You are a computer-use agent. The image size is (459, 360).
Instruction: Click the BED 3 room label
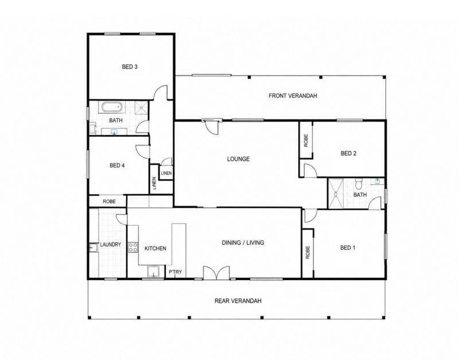[x=130, y=67]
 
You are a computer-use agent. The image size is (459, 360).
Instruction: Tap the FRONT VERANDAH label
[x=293, y=96]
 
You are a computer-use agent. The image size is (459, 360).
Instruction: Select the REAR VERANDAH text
[x=238, y=301]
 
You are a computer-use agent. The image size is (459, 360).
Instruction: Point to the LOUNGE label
[x=238, y=159]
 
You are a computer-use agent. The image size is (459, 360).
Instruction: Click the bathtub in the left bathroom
[x=112, y=107]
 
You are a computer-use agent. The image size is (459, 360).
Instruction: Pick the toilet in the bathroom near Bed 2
[x=359, y=184]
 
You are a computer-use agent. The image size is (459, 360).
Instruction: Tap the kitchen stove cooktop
[x=133, y=247]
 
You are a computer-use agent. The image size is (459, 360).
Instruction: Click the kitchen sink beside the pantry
[x=153, y=272]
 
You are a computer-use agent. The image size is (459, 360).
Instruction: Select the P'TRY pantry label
[x=176, y=272]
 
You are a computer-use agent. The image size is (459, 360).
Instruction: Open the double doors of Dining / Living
[x=216, y=272]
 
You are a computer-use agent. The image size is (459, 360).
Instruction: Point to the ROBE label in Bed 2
[x=306, y=141]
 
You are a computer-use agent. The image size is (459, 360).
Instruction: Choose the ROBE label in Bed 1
[x=308, y=252]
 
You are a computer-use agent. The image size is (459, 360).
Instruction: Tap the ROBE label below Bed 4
[x=109, y=202]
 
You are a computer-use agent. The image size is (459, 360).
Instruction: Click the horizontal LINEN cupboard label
[x=166, y=173]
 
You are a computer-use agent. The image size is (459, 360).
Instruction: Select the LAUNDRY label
[x=110, y=245]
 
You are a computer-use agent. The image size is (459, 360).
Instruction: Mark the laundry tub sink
[x=94, y=248]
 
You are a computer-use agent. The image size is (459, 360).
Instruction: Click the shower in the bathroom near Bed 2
[x=336, y=193]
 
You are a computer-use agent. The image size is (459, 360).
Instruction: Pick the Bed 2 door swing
[x=310, y=171]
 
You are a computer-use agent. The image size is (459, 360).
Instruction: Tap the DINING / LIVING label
[x=243, y=242]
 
